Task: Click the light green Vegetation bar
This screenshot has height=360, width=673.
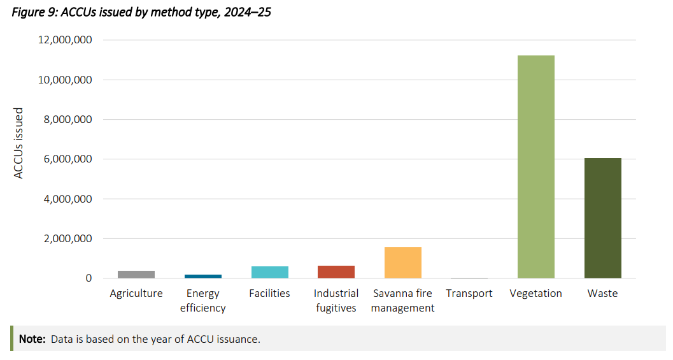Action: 535,167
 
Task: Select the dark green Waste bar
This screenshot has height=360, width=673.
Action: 602,218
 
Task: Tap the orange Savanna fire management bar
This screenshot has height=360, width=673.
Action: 402,263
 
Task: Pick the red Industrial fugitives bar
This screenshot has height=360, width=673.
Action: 336,272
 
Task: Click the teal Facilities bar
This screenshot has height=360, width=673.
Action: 269,272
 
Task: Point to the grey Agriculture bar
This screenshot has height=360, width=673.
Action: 136,275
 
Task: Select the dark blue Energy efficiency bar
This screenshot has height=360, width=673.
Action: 202,277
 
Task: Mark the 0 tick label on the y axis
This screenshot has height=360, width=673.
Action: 89,278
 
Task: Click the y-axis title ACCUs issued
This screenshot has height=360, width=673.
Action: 18,143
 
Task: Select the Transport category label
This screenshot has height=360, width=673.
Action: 469,293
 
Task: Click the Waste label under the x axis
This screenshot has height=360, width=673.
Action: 602,293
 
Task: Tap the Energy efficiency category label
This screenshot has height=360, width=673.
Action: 202,301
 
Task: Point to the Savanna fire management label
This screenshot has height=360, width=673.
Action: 402,301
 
